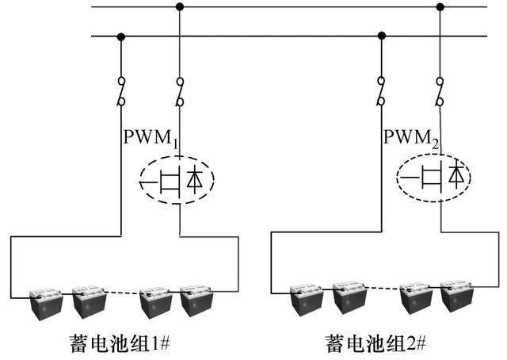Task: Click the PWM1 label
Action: (x=151, y=137)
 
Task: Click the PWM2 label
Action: (x=412, y=137)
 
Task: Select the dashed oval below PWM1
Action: (x=178, y=181)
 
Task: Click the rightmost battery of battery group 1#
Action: (x=196, y=302)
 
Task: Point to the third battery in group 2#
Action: (x=415, y=302)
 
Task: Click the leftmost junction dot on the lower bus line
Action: (x=120, y=36)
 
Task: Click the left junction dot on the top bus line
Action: (x=181, y=7)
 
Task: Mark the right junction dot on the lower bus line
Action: (x=382, y=36)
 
